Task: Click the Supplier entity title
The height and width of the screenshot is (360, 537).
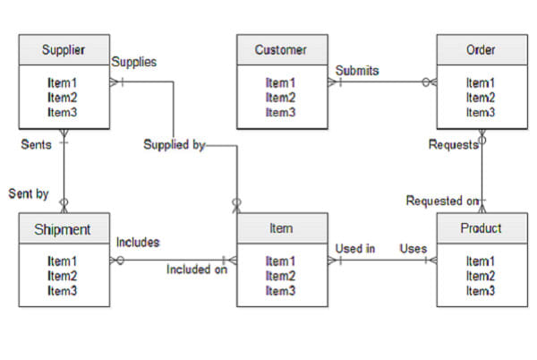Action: click(x=64, y=49)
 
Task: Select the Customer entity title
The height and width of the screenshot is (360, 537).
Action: click(x=280, y=49)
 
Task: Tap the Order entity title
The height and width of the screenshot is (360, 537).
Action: click(x=481, y=49)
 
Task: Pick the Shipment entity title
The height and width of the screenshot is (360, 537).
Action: click(x=64, y=228)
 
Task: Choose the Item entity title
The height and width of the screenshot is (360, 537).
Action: click(x=280, y=228)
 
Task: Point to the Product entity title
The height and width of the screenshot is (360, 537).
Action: click(x=481, y=228)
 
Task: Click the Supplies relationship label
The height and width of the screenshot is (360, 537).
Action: click(x=134, y=62)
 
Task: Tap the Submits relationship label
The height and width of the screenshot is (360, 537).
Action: click(x=357, y=70)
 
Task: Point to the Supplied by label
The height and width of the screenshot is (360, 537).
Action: click(x=174, y=144)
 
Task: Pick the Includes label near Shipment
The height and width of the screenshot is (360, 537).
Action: click(x=138, y=242)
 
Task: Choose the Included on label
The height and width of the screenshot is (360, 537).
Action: click(x=197, y=268)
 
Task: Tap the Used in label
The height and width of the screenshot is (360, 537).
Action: click(x=354, y=248)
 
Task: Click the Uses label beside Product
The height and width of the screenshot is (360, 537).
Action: click(x=413, y=248)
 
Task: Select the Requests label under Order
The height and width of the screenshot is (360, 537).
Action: click(x=453, y=144)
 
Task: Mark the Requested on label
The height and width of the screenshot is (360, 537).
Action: click(x=442, y=201)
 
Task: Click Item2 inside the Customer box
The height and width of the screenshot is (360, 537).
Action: click(x=280, y=98)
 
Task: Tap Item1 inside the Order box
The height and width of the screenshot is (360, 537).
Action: click(x=481, y=83)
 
